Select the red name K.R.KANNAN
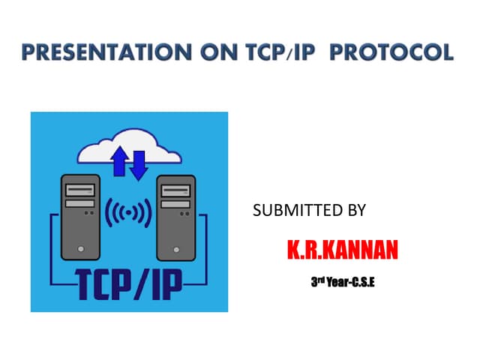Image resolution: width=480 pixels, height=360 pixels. point(342,250)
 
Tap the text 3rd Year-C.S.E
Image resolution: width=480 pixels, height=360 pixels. point(343,283)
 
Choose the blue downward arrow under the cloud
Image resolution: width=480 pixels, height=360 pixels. point(138,165)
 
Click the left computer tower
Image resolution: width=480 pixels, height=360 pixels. point(79,217)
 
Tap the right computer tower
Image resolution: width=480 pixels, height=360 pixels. point(175,217)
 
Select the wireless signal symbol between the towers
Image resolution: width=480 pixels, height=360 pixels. point(127,214)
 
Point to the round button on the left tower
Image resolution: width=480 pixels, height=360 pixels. point(79,248)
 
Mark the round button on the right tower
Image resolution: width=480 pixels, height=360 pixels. point(175,248)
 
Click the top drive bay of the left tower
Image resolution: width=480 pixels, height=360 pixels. point(79,189)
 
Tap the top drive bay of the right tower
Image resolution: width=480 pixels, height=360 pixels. point(175,189)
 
